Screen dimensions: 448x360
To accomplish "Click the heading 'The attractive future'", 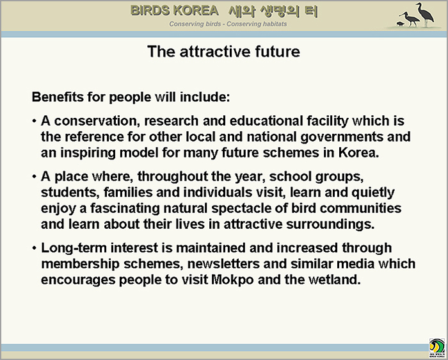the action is coord(224,52).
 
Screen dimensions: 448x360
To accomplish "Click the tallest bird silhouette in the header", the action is coord(425,13).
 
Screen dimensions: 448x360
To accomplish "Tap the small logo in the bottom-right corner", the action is coord(437,348).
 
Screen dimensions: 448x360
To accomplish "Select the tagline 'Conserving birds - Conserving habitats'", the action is coord(228,24).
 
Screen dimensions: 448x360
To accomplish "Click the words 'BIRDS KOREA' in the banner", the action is coord(175,11).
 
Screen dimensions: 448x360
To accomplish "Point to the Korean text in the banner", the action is coord(273,11).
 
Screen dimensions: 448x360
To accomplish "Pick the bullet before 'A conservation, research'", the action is coord(35,121).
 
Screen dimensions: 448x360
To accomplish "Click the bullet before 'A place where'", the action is coord(35,177).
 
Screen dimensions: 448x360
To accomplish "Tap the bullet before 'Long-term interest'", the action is coord(35,248).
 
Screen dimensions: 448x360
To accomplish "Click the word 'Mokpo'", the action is coord(232,280).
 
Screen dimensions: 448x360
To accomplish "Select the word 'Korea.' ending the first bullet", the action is coord(359,152).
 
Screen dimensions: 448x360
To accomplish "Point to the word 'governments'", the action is coord(342,137).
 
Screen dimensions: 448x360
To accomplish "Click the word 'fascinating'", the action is coord(125,208).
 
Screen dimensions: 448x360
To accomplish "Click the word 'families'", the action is coord(128,192).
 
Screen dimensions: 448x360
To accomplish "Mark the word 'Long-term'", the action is coord(74,248).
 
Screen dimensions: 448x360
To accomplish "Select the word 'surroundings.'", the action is coord(330,224).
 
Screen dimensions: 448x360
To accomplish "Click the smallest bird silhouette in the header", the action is coord(401,24).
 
